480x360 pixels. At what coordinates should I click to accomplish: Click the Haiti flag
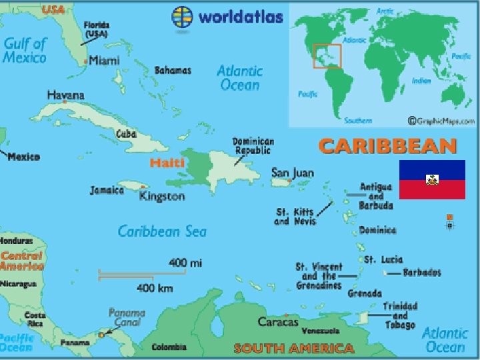pyautogui.click(x=432, y=179)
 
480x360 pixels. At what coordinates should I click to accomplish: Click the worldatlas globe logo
pyautogui.click(x=183, y=16)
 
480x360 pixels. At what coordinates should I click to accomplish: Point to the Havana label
pyautogui.click(x=65, y=95)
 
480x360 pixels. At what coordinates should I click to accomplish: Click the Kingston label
pyautogui.click(x=162, y=196)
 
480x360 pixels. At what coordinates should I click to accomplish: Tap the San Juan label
pyautogui.click(x=292, y=173)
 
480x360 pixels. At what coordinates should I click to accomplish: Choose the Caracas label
pyautogui.click(x=278, y=322)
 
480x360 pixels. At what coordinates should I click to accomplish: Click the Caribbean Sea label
pyautogui.click(x=162, y=231)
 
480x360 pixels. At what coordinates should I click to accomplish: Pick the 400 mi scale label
pyautogui.click(x=185, y=263)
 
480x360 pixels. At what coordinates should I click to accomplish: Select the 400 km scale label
pyautogui.click(x=155, y=288)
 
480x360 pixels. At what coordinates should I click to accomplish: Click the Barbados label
pyautogui.click(x=421, y=273)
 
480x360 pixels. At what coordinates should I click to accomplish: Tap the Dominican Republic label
pyautogui.click(x=253, y=146)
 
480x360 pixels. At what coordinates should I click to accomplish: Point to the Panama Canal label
pyautogui.click(x=127, y=317)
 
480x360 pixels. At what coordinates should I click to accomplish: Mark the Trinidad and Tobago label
pyautogui.click(x=399, y=315)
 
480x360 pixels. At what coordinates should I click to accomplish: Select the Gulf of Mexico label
pyautogui.click(x=25, y=50)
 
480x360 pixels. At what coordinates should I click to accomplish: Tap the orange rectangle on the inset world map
pyautogui.click(x=327, y=55)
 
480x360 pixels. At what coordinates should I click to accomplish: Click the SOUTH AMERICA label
pyautogui.click(x=294, y=348)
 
